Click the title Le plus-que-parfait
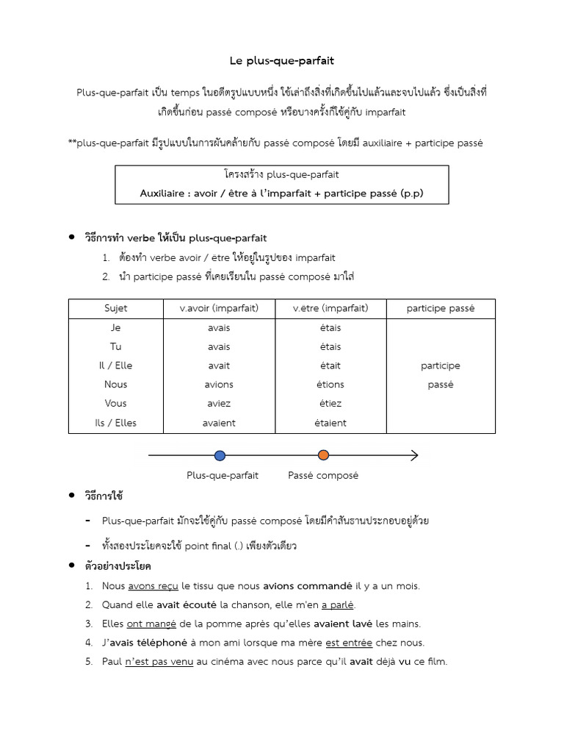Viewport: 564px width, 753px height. [281, 61]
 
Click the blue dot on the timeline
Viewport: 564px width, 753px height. [220, 455]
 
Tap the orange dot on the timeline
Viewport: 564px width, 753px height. [323, 455]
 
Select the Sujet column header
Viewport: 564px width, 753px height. [115, 308]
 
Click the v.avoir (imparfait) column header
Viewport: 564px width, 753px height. [219, 308]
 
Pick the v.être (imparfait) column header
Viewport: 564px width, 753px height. [330, 308]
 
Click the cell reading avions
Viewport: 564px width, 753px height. [219, 385]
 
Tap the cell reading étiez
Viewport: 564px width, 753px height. [330, 404]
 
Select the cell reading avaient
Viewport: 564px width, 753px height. [219, 423]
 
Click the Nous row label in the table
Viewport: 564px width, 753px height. [115, 385]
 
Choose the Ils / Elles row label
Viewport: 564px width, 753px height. [115, 423]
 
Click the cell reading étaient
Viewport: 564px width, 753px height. [330, 423]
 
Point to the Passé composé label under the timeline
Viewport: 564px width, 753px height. [323, 476]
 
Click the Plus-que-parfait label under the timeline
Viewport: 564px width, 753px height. [223, 476]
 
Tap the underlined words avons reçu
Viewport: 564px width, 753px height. [153, 586]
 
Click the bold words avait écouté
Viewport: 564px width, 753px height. [187, 605]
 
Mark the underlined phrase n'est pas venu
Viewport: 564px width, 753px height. [159, 662]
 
